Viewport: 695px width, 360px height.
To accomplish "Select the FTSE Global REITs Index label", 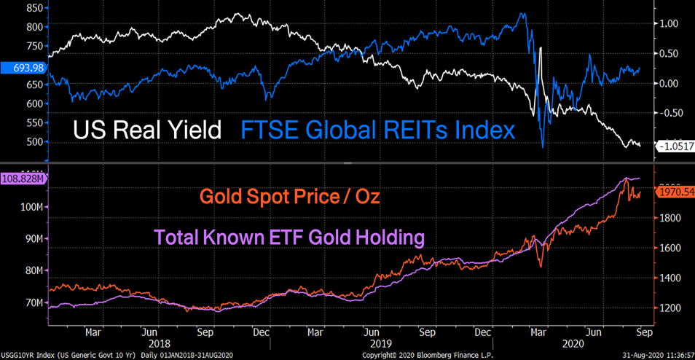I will [x=377, y=130].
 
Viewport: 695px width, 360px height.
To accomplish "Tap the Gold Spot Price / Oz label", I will [x=290, y=197].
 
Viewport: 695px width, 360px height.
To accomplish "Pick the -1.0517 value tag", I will [x=675, y=146].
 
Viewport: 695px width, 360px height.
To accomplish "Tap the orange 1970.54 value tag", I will [x=675, y=192].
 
